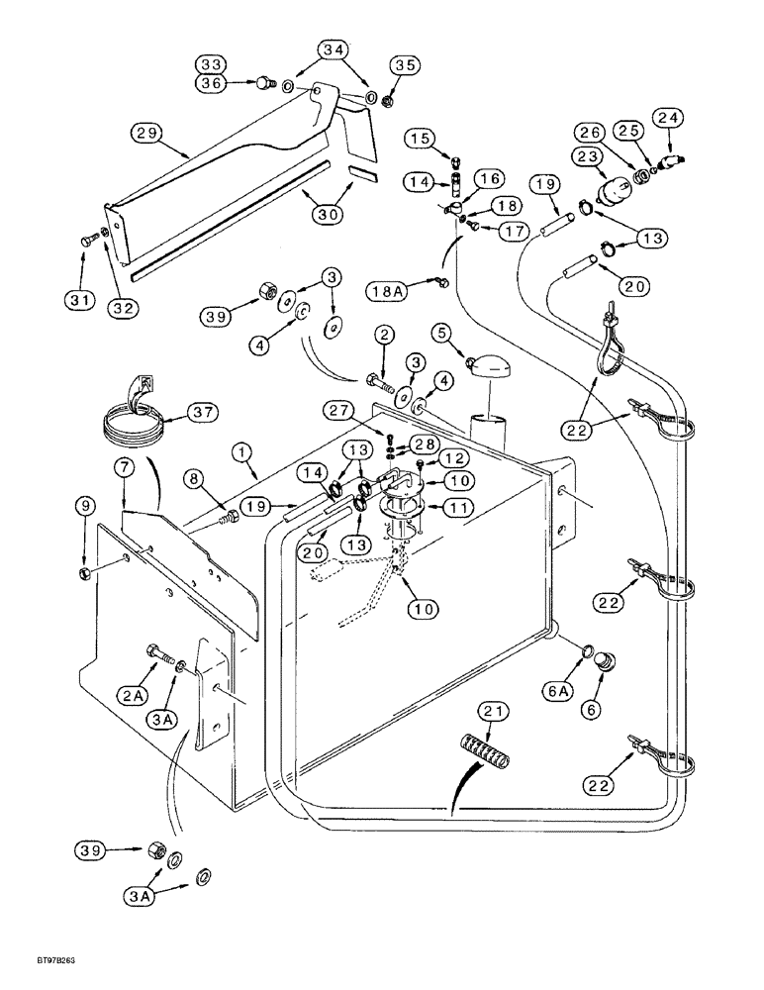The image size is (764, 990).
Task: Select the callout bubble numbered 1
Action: [x=239, y=450]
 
